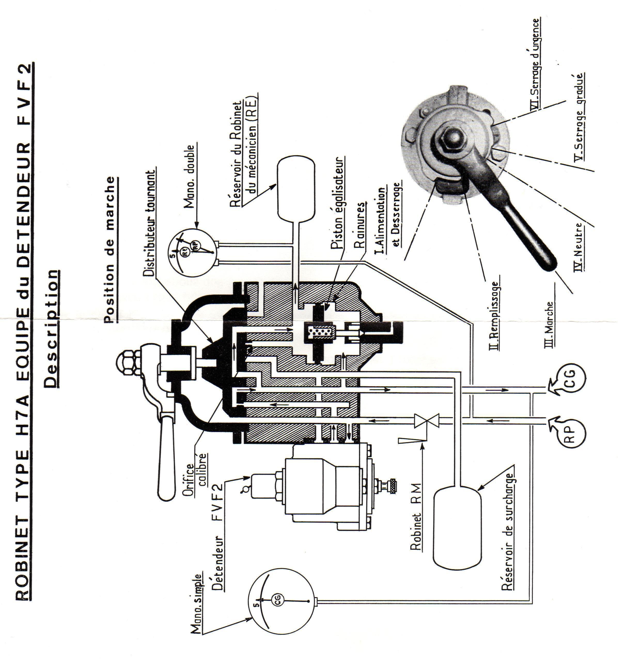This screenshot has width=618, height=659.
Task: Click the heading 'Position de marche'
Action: tap(111, 249)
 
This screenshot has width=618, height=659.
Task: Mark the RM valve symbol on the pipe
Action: tap(427, 421)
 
